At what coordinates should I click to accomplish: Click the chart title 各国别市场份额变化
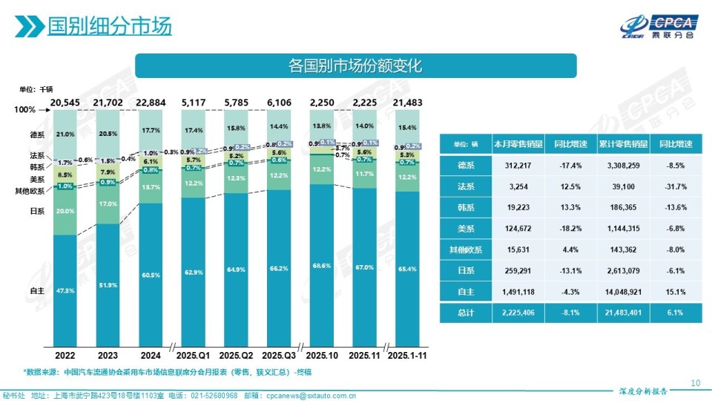[x=355, y=66]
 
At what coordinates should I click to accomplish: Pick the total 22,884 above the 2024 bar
[x=151, y=102]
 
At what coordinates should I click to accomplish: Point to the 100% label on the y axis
[x=25, y=110]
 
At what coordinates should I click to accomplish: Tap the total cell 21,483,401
[x=624, y=313]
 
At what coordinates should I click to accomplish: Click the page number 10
[x=695, y=383]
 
